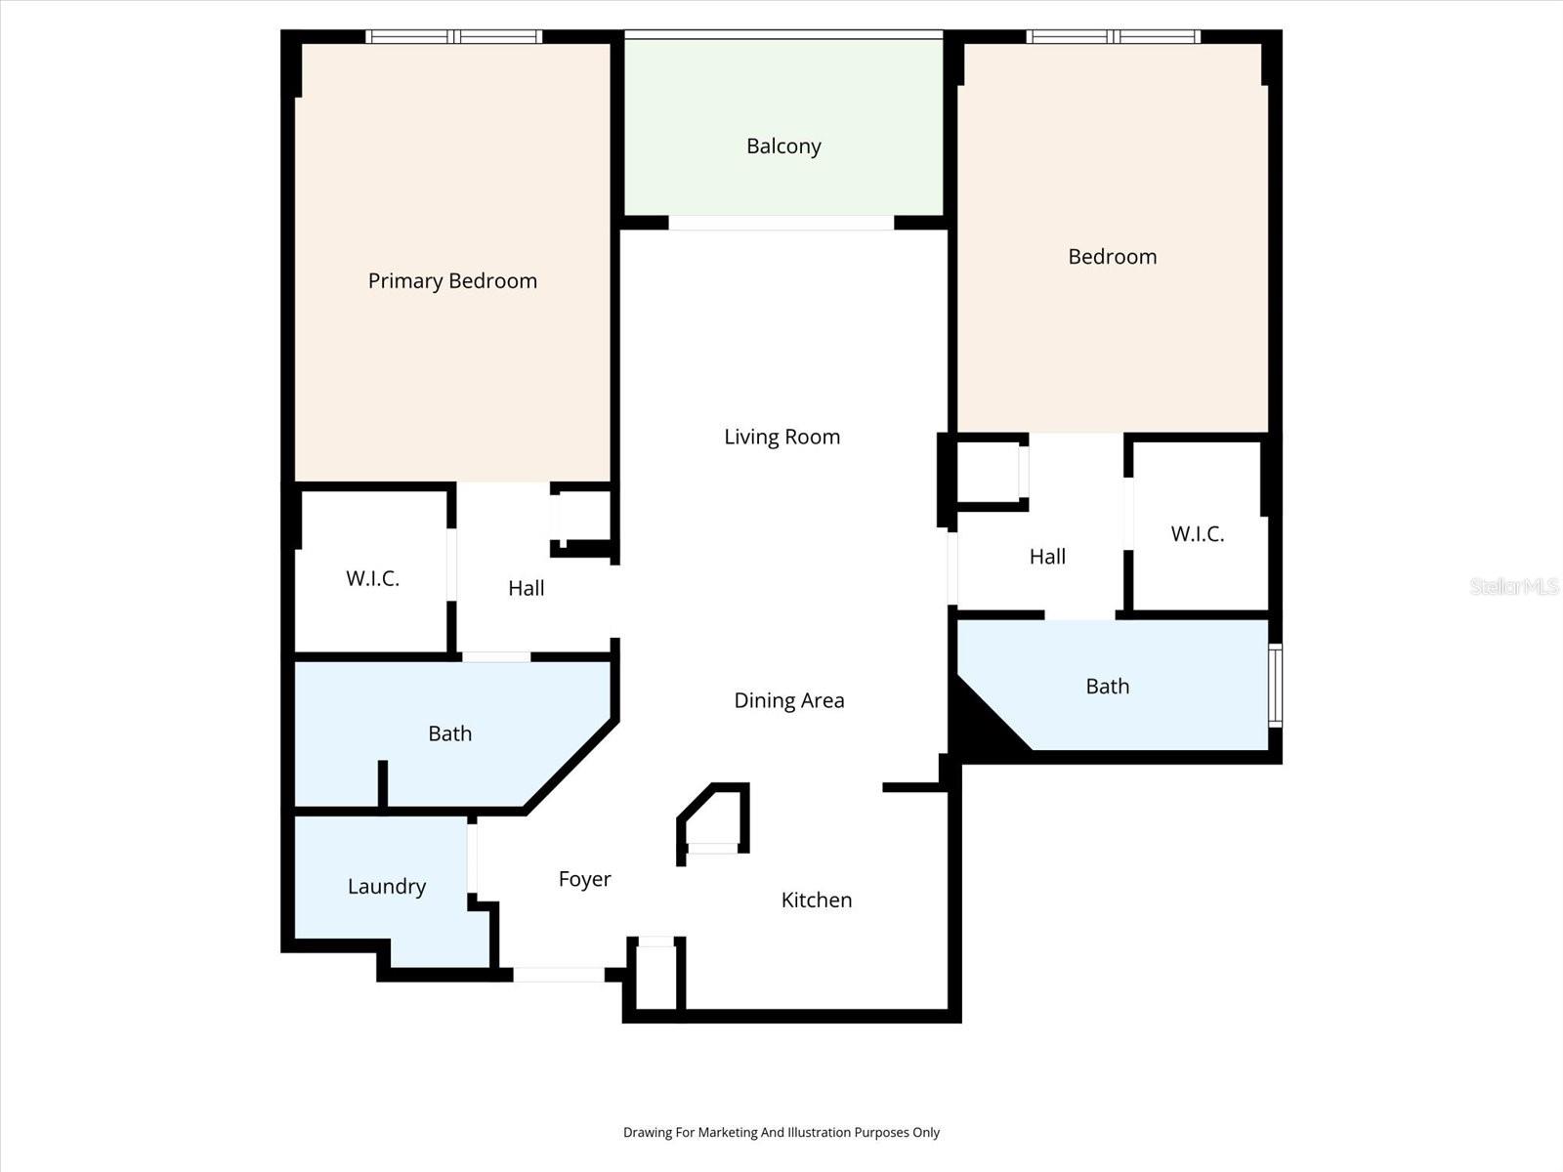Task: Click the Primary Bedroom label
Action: (x=452, y=281)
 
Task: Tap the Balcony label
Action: (x=783, y=146)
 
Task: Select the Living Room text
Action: (x=781, y=437)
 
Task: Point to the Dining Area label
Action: (x=788, y=700)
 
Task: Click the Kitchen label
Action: (x=816, y=900)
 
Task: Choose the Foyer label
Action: (x=584, y=879)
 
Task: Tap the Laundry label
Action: (x=387, y=886)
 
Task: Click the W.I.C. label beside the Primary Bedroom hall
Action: (x=372, y=578)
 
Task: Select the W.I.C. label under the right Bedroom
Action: (x=1197, y=533)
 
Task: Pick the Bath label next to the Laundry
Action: (x=449, y=733)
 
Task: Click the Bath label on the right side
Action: (x=1107, y=687)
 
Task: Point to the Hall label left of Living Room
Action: (x=526, y=588)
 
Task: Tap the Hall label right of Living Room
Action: (x=1047, y=557)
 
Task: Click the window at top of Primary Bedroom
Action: (x=453, y=37)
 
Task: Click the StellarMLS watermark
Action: (x=1514, y=586)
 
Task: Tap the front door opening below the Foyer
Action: (x=559, y=974)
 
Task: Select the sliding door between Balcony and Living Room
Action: (x=781, y=223)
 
